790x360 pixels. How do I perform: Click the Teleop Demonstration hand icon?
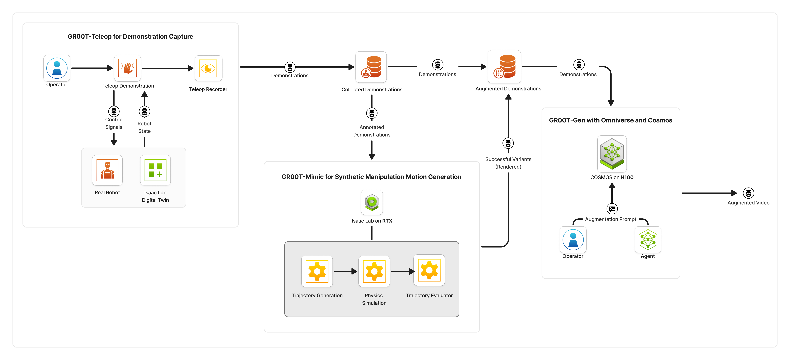click(x=127, y=68)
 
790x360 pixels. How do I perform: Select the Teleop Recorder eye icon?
click(x=208, y=68)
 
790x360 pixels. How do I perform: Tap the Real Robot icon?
click(x=107, y=170)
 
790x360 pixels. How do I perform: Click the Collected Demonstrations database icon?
click(x=371, y=67)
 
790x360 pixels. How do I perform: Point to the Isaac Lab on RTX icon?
click(x=372, y=202)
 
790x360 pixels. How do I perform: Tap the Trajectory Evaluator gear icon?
click(x=429, y=270)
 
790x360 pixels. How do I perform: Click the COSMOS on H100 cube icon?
click(x=612, y=154)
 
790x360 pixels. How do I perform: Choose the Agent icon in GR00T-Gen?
click(x=648, y=240)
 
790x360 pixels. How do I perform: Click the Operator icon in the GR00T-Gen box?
click(x=573, y=240)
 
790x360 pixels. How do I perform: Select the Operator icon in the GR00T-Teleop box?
click(x=57, y=68)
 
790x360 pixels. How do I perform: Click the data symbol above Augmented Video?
click(x=748, y=193)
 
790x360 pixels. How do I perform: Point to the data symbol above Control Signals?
click(x=114, y=111)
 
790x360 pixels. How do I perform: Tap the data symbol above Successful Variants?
click(x=508, y=143)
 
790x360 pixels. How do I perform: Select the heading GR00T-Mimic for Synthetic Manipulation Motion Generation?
click(x=371, y=177)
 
